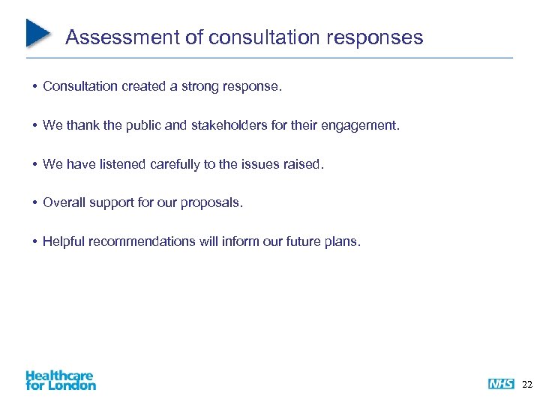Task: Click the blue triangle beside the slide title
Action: click(x=37, y=32)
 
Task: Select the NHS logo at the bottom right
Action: click(x=501, y=384)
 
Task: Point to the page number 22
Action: click(x=526, y=384)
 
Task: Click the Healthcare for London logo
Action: click(x=60, y=380)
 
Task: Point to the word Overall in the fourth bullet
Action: click(x=63, y=202)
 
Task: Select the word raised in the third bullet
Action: click(x=304, y=164)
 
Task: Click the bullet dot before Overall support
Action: click(x=35, y=203)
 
